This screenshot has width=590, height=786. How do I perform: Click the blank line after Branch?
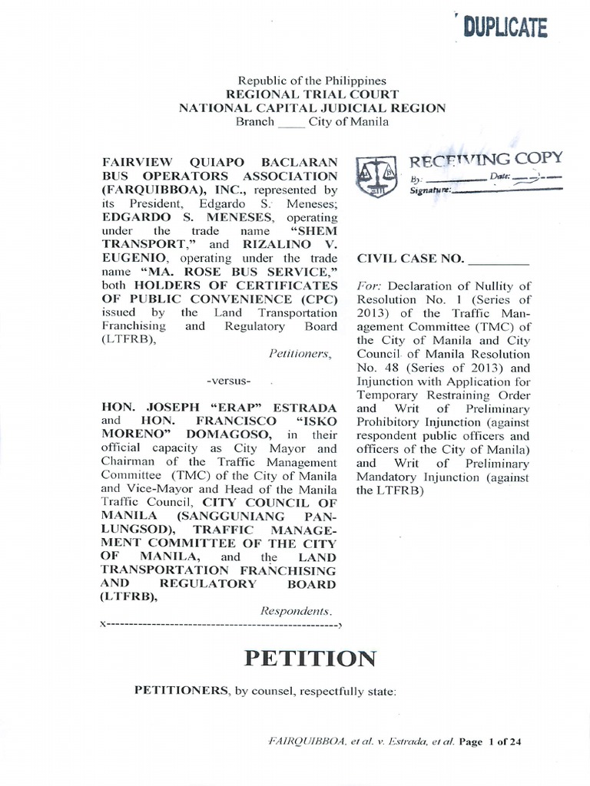click(x=291, y=122)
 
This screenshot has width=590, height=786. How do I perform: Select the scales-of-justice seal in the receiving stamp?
click(x=373, y=176)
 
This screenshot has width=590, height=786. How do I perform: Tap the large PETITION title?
click(x=310, y=658)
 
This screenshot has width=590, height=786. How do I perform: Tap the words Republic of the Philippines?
click(x=312, y=81)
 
